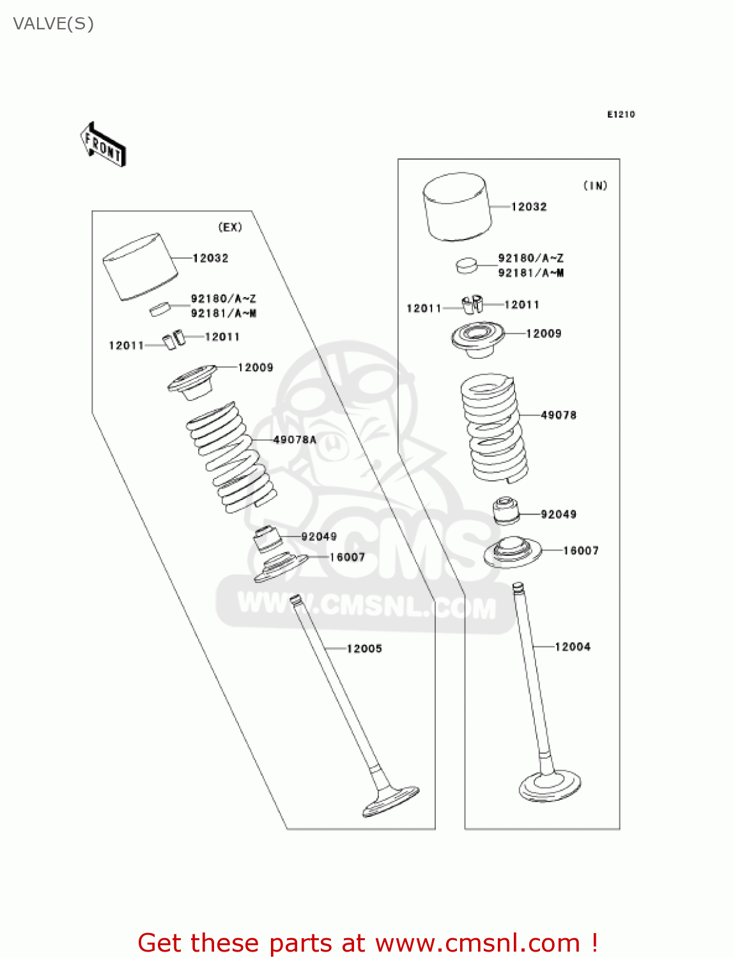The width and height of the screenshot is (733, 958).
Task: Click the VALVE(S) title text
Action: (x=54, y=24)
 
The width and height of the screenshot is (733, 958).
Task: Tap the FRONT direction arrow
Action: (x=102, y=145)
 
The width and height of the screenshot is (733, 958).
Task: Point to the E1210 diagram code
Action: (x=621, y=114)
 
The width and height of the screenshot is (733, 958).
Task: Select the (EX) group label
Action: (x=230, y=227)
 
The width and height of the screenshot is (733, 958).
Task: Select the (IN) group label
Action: (x=595, y=186)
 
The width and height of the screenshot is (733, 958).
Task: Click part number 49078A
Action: (x=295, y=439)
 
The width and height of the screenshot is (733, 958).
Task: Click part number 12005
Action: (x=364, y=649)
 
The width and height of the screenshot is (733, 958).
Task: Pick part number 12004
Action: (x=573, y=647)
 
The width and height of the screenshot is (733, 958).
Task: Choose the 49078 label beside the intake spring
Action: (x=559, y=415)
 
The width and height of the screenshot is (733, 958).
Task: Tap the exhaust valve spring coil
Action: (x=231, y=457)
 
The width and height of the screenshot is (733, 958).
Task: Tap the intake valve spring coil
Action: (x=493, y=428)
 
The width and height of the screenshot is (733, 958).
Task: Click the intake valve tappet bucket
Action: (x=457, y=206)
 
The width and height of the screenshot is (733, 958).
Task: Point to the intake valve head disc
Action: (x=550, y=786)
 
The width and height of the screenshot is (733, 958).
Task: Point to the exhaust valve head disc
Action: (x=390, y=802)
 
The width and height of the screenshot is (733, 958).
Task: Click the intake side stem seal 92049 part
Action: (x=506, y=510)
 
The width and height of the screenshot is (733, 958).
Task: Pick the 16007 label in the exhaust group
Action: (x=347, y=558)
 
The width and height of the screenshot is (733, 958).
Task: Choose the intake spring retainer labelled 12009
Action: (x=477, y=337)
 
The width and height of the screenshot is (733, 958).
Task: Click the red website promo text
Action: (x=367, y=943)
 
